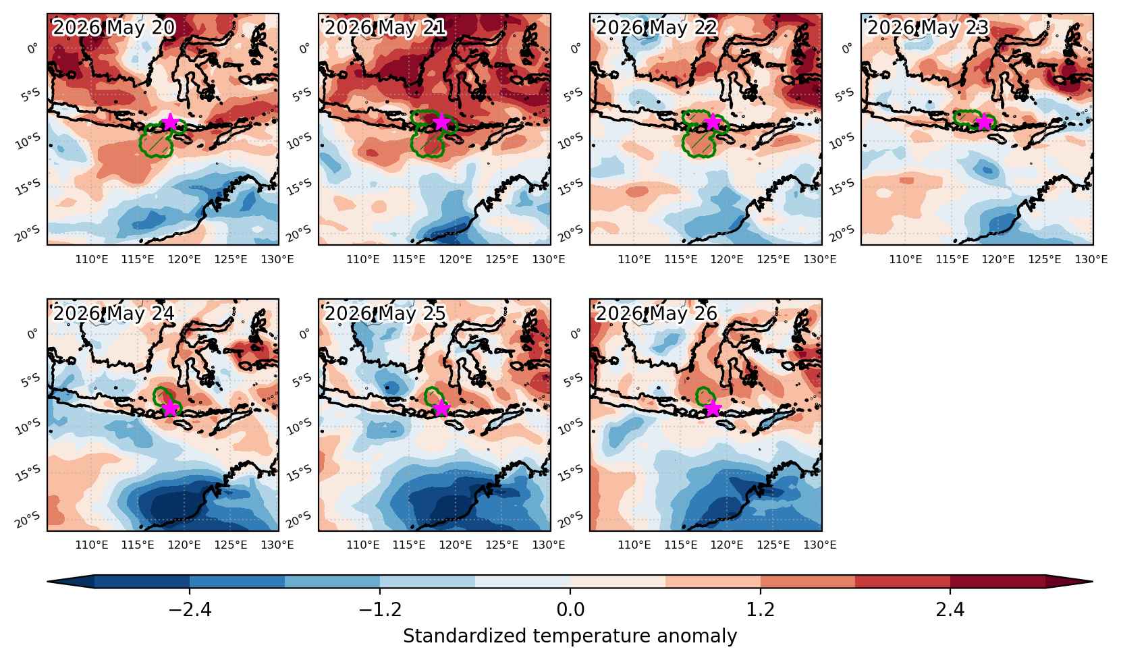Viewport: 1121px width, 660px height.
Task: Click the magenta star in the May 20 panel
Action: click(170, 121)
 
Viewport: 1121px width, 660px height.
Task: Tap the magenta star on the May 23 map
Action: click(985, 121)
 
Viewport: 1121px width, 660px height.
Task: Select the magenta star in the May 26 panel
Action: click(713, 408)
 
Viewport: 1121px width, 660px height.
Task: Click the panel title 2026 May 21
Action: click(385, 28)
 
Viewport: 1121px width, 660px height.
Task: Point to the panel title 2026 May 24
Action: click(113, 314)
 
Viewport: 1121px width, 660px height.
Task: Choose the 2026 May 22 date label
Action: click(656, 28)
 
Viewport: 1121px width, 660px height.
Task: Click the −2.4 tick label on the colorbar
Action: click(190, 609)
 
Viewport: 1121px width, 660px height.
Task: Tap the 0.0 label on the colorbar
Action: click(570, 609)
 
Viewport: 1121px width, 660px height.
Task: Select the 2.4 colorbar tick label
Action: click(950, 609)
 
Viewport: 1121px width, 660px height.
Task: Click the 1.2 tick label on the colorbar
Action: click(760, 609)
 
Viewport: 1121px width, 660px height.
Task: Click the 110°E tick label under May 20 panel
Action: click(92, 260)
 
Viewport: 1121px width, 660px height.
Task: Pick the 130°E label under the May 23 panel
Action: click(1091, 260)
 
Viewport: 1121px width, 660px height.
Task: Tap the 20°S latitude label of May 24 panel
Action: click(28, 520)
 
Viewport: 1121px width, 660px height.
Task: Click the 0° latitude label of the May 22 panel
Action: click(576, 48)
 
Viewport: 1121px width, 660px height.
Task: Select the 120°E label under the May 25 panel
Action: click(456, 545)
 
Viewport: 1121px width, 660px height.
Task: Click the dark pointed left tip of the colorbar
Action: click(48, 582)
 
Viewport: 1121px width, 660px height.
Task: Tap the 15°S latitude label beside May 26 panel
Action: click(570, 473)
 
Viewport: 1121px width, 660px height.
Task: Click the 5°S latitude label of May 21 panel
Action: click(301, 94)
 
